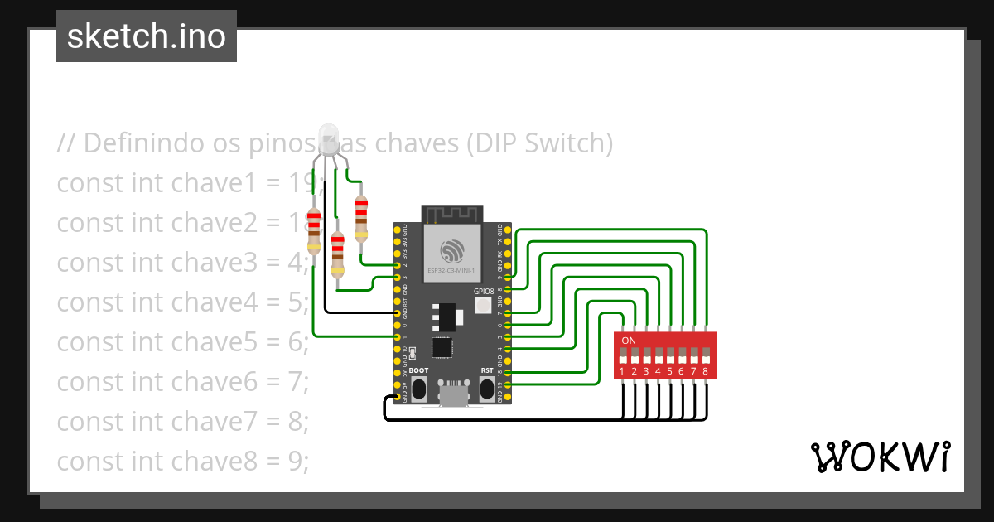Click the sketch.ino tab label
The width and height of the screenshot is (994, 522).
[147, 36]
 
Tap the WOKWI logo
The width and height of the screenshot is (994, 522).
[879, 457]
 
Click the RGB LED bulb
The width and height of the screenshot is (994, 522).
[328, 138]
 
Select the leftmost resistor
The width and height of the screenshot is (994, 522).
[313, 230]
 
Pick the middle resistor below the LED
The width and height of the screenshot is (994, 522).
[337, 254]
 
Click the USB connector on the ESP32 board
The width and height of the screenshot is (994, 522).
[452, 397]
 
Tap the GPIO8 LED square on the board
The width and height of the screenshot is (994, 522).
[483, 306]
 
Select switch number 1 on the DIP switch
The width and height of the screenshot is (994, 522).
[622, 355]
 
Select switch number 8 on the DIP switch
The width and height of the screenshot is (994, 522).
[706, 355]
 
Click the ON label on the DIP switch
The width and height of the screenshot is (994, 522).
[629, 341]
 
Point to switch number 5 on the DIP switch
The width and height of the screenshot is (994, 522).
[669, 355]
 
